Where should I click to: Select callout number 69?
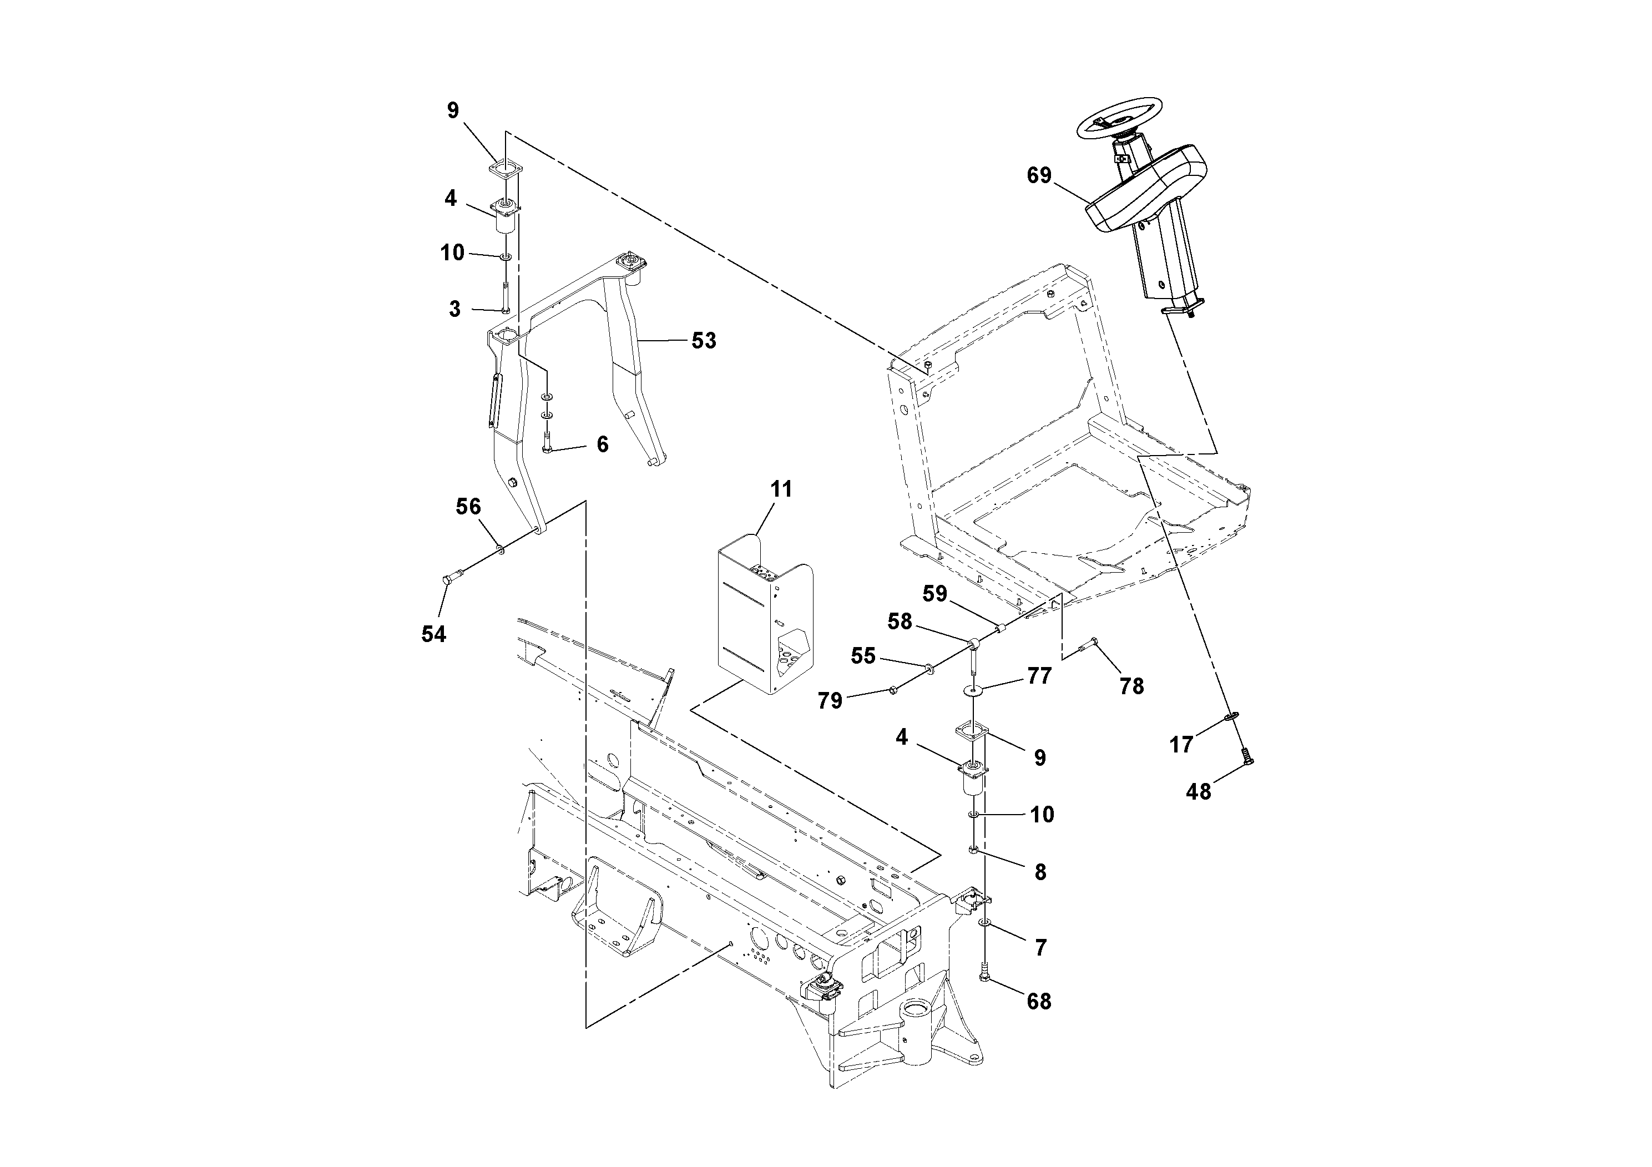click(1038, 175)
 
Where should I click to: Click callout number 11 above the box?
click(781, 489)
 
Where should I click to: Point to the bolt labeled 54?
click(447, 577)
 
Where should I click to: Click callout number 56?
click(468, 507)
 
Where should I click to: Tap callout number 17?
click(1181, 745)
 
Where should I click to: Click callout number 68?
click(1038, 1001)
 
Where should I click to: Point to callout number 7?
click(1040, 948)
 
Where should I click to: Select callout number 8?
click(1040, 872)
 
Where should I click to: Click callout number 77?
click(1039, 675)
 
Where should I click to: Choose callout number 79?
click(830, 700)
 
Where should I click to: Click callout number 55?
click(863, 655)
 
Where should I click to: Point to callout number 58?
click(900, 621)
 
